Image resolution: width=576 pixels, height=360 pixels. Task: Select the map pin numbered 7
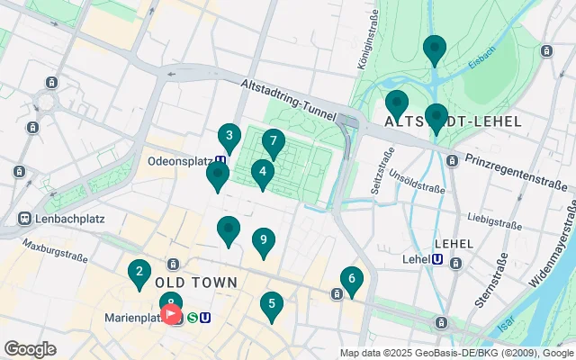[273, 142]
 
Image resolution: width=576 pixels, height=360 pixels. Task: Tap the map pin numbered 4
[262, 172]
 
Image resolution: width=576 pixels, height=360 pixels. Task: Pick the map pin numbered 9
[263, 240]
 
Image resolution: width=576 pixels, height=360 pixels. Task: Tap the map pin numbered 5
[271, 305]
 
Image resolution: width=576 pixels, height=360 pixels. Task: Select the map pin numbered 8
[170, 303]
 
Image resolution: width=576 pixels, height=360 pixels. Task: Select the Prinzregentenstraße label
[520, 172]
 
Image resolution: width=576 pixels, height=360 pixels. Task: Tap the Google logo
[30, 349]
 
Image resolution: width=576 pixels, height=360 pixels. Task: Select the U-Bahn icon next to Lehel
[437, 259]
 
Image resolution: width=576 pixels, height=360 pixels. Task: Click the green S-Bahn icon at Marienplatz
[192, 318]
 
